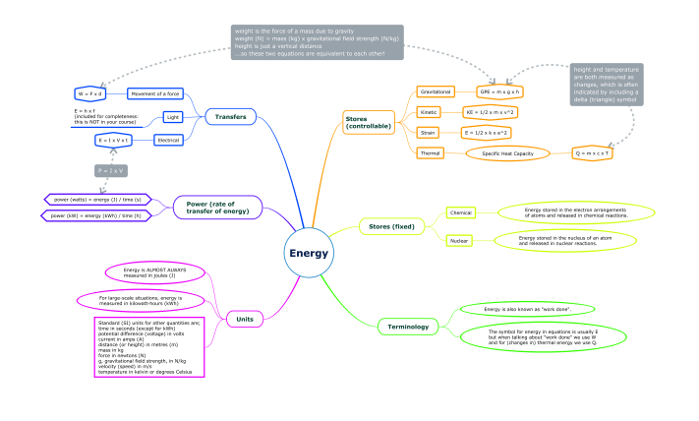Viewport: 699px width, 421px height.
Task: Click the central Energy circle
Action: (308, 253)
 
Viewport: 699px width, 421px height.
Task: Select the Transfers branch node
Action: (232, 117)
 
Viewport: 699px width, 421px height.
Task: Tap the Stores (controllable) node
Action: (368, 123)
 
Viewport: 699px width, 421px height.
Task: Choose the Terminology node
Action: (407, 326)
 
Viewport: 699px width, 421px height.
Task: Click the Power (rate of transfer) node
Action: (218, 207)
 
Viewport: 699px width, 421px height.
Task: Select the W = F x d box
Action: (89, 93)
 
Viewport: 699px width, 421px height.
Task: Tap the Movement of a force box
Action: (155, 93)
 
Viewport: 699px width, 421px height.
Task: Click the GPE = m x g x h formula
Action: (499, 91)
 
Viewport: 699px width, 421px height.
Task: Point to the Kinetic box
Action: (429, 112)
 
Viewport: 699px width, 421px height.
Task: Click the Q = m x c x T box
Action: (594, 153)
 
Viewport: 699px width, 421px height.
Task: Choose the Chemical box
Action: (460, 212)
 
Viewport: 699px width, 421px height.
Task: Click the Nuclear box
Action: (459, 240)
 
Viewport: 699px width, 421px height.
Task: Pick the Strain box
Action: (429, 132)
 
